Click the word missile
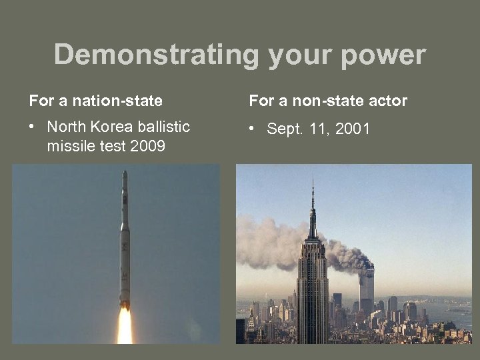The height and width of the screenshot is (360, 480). coord(69,145)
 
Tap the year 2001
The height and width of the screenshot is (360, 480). coord(353,129)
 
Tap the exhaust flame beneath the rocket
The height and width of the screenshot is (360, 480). coord(124,327)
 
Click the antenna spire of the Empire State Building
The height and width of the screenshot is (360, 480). coord(312,193)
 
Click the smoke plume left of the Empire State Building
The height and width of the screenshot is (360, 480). coord(267,243)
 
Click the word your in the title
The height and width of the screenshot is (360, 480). coord(299,55)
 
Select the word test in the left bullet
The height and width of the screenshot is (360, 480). coord(111,145)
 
